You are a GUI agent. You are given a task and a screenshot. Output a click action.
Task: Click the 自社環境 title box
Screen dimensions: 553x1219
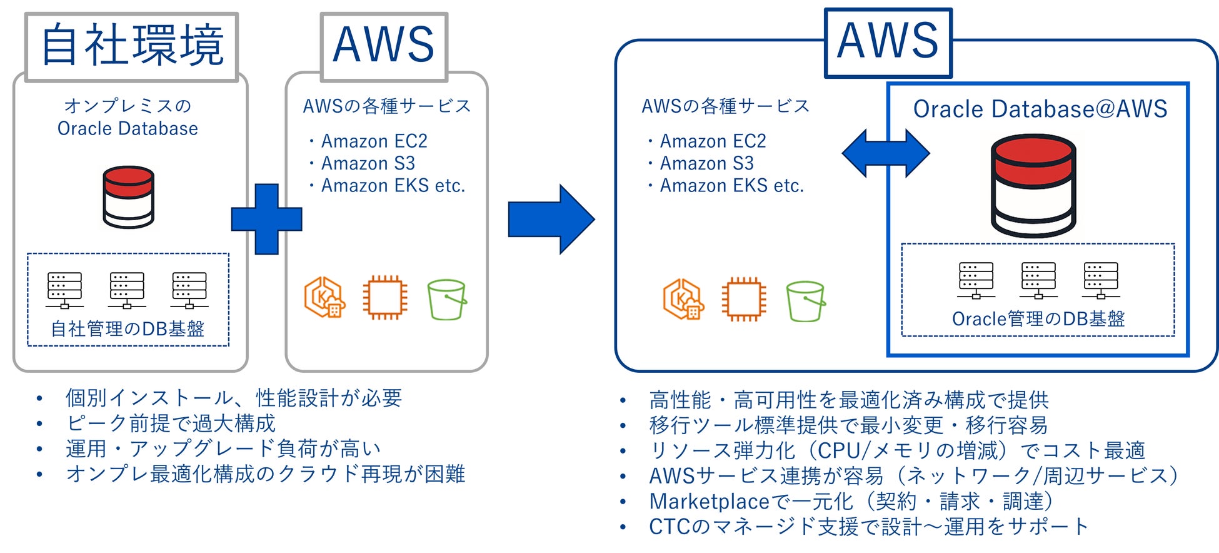pyautogui.click(x=132, y=46)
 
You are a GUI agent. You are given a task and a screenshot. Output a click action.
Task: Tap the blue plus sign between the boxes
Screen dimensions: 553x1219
pyautogui.click(x=267, y=219)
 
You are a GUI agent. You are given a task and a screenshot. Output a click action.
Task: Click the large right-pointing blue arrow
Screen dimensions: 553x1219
pyautogui.click(x=551, y=219)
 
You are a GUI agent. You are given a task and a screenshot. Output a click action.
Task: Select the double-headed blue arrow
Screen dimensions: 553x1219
pyautogui.click(x=885, y=153)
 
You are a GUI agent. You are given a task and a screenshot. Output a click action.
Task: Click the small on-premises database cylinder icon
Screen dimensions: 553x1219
pyautogui.click(x=128, y=197)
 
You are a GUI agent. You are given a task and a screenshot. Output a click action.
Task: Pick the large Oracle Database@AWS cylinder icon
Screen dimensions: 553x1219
pyautogui.click(x=1033, y=186)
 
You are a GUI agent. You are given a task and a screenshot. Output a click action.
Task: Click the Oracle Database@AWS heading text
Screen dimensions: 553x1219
pyautogui.click(x=1040, y=109)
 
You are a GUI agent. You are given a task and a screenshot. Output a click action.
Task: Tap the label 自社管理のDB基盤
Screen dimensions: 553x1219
pyautogui.click(x=128, y=329)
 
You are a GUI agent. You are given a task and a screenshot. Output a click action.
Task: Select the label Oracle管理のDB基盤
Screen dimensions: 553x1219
pyautogui.click(x=1038, y=319)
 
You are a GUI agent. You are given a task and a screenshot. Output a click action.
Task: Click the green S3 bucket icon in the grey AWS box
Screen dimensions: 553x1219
pyautogui.click(x=447, y=300)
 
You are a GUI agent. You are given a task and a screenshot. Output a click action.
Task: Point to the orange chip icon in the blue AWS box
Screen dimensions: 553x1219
pyautogui.click(x=743, y=299)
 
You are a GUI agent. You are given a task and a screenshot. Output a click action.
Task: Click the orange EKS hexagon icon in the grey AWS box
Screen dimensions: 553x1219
pyautogui.click(x=324, y=298)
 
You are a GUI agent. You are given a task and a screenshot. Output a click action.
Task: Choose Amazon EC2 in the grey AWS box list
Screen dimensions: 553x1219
pyautogui.click(x=374, y=141)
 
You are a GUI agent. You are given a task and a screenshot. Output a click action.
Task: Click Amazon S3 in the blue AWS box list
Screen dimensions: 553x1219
pyautogui.click(x=706, y=163)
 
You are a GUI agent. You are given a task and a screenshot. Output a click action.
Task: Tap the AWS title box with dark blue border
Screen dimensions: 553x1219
pyautogui.click(x=888, y=43)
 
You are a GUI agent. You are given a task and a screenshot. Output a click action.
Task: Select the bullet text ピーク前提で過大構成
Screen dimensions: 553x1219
pyautogui.click(x=171, y=424)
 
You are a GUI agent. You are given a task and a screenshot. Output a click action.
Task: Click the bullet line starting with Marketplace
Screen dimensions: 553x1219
pyautogui.click(x=851, y=501)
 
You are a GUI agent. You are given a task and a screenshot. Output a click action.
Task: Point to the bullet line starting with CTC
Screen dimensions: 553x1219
pyautogui.click(x=868, y=527)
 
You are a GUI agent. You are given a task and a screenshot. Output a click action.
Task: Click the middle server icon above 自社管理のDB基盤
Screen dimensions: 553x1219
pyautogui.click(x=127, y=290)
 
